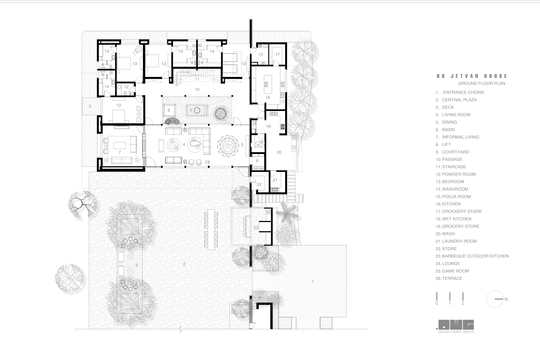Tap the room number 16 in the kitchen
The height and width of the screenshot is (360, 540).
pos(268,97)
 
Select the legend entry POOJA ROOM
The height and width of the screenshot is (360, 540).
pos(456,197)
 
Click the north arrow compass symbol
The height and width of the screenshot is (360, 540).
pos(495,299)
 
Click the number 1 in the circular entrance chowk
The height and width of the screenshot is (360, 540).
pos(313,281)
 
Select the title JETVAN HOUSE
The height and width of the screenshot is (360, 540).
pos(479,76)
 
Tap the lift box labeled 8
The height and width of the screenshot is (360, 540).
pos(169,110)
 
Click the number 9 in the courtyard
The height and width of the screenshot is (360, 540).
pos(191,110)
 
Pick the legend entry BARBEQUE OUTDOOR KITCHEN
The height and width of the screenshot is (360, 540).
pos(475,256)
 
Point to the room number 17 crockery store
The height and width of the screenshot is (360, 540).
pos(277,54)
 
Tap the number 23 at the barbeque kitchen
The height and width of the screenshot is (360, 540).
pos(256,228)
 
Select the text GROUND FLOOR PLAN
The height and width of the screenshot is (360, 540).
pos(481,83)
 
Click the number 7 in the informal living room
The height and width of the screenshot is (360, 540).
pos(120,152)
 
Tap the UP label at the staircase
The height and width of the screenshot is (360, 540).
pos(177,86)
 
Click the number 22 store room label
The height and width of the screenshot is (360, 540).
pos(259,184)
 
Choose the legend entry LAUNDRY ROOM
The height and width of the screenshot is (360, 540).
pos(459,241)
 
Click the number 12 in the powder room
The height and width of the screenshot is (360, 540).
pos(126,87)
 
